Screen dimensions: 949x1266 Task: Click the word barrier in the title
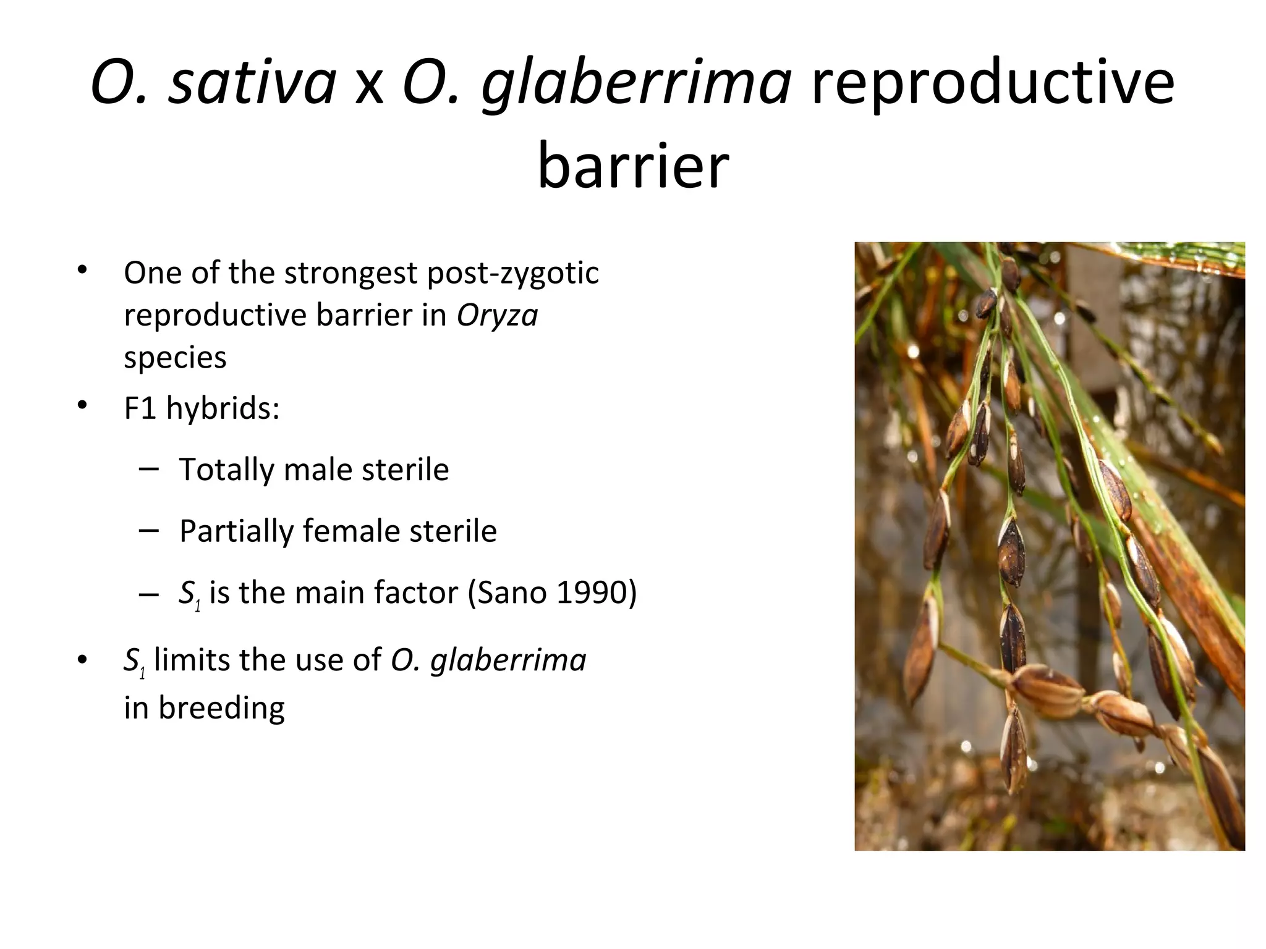[634, 165]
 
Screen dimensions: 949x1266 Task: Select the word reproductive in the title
[992, 82]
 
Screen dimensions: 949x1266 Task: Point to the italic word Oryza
[497, 315]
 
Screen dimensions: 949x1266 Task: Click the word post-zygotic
[512, 273]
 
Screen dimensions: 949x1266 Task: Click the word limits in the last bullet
[192, 660]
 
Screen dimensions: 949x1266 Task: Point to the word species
[175, 357]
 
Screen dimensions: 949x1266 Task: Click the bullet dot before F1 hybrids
[82, 406]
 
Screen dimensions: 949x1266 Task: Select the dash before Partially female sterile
[149, 531]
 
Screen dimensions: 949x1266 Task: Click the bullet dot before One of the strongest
[82, 270]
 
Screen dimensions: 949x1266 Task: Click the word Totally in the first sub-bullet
[226, 470]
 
